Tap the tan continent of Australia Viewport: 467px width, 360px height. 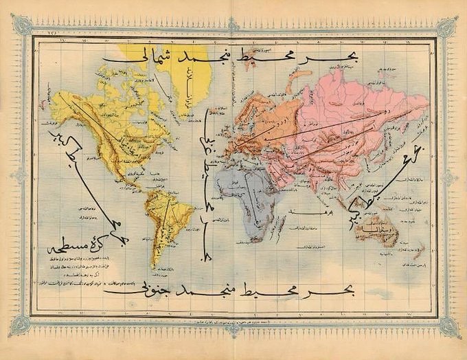376,231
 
